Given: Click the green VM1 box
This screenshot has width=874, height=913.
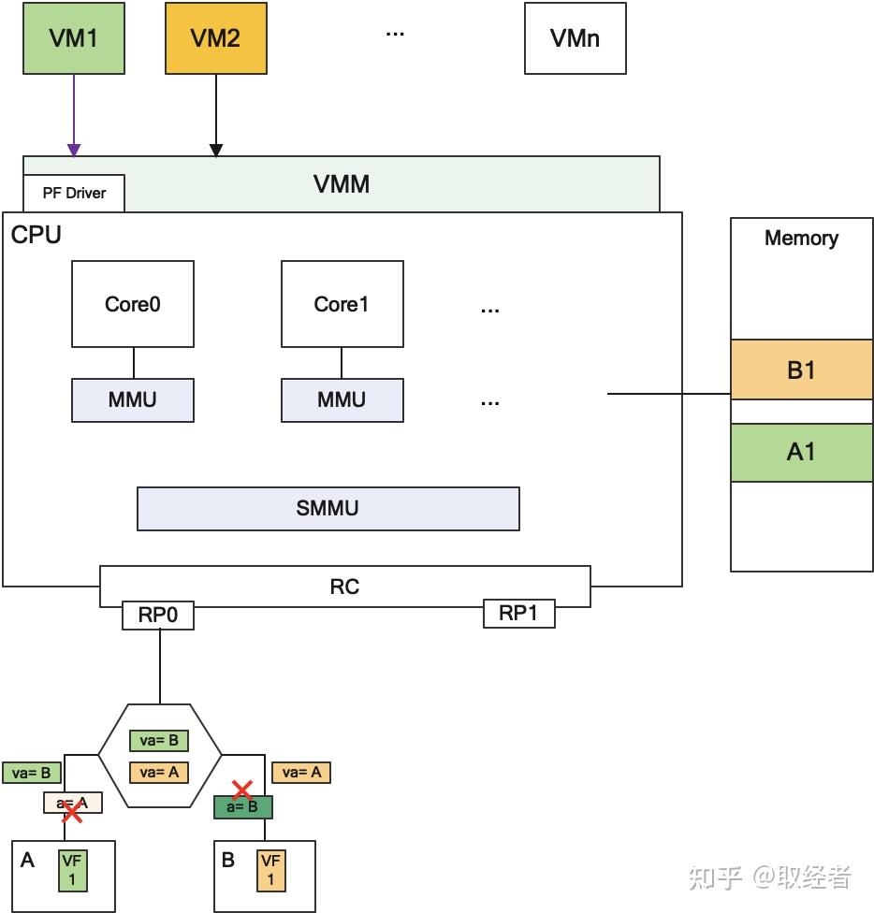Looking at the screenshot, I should (74, 38).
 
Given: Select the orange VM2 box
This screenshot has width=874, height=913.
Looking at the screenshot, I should (216, 38).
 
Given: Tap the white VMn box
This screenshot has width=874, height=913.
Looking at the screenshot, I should (575, 38).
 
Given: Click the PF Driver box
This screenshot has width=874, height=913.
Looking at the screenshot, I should (74, 194).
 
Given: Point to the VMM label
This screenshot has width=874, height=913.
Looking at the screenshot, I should (342, 183).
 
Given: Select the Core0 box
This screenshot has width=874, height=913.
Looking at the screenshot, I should (133, 304).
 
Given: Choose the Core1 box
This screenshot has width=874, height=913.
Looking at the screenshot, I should (342, 304).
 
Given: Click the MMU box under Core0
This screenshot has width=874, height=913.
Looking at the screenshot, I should (133, 400).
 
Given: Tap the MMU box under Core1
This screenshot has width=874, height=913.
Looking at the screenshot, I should (342, 400).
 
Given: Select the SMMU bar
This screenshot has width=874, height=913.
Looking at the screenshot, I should (328, 509).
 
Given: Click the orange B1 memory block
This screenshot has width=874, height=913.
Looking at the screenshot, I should (801, 370).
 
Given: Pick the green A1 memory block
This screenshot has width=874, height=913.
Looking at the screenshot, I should (801, 453).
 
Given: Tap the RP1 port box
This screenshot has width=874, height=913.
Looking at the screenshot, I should (518, 614).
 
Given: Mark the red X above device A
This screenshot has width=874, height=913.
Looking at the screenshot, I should (71, 813).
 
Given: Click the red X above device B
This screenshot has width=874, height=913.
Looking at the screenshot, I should (243, 790).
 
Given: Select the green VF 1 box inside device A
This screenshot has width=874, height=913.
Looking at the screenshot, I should (71, 870).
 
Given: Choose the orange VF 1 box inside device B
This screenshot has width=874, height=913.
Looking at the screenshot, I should (271, 870).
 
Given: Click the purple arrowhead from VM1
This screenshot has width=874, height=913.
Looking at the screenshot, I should (74, 151).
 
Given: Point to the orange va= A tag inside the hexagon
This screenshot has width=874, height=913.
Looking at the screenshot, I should (159, 772).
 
